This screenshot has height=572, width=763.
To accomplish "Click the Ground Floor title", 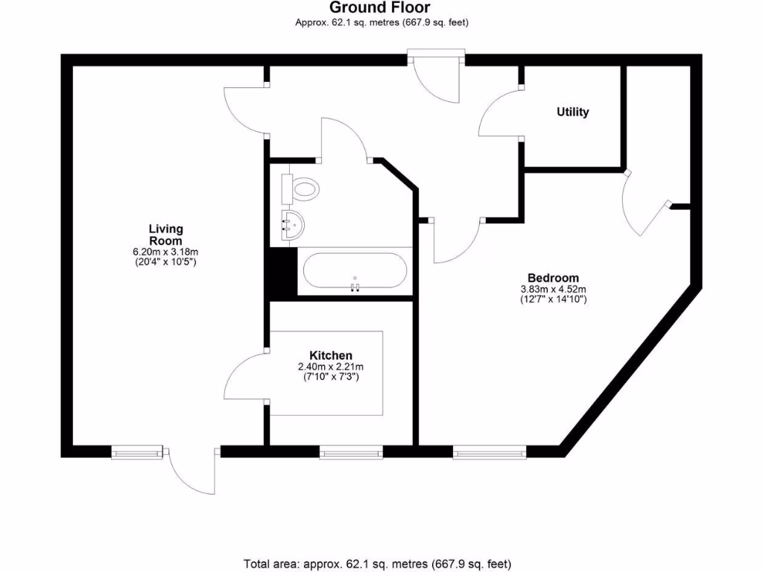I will click(381, 8).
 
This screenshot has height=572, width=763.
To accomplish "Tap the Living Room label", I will click(165, 235).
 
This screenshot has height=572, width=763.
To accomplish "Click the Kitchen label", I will click(331, 355).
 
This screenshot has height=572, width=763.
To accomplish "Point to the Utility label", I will click(572, 112).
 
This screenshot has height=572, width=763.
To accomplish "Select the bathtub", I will click(355, 272).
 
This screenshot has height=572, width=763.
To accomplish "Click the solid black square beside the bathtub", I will click(282, 273).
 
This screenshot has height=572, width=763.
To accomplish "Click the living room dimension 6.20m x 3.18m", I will click(165, 252).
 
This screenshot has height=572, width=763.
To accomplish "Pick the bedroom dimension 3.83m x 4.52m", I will click(554, 289).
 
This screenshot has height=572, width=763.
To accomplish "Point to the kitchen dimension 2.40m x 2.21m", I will click(331, 367).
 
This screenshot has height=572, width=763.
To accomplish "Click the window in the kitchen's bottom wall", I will click(351, 451).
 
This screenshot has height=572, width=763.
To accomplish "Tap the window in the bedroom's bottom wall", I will click(489, 451).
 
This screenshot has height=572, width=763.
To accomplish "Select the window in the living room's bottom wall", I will click(136, 451).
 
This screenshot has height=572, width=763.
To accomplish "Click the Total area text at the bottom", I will click(377, 563).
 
